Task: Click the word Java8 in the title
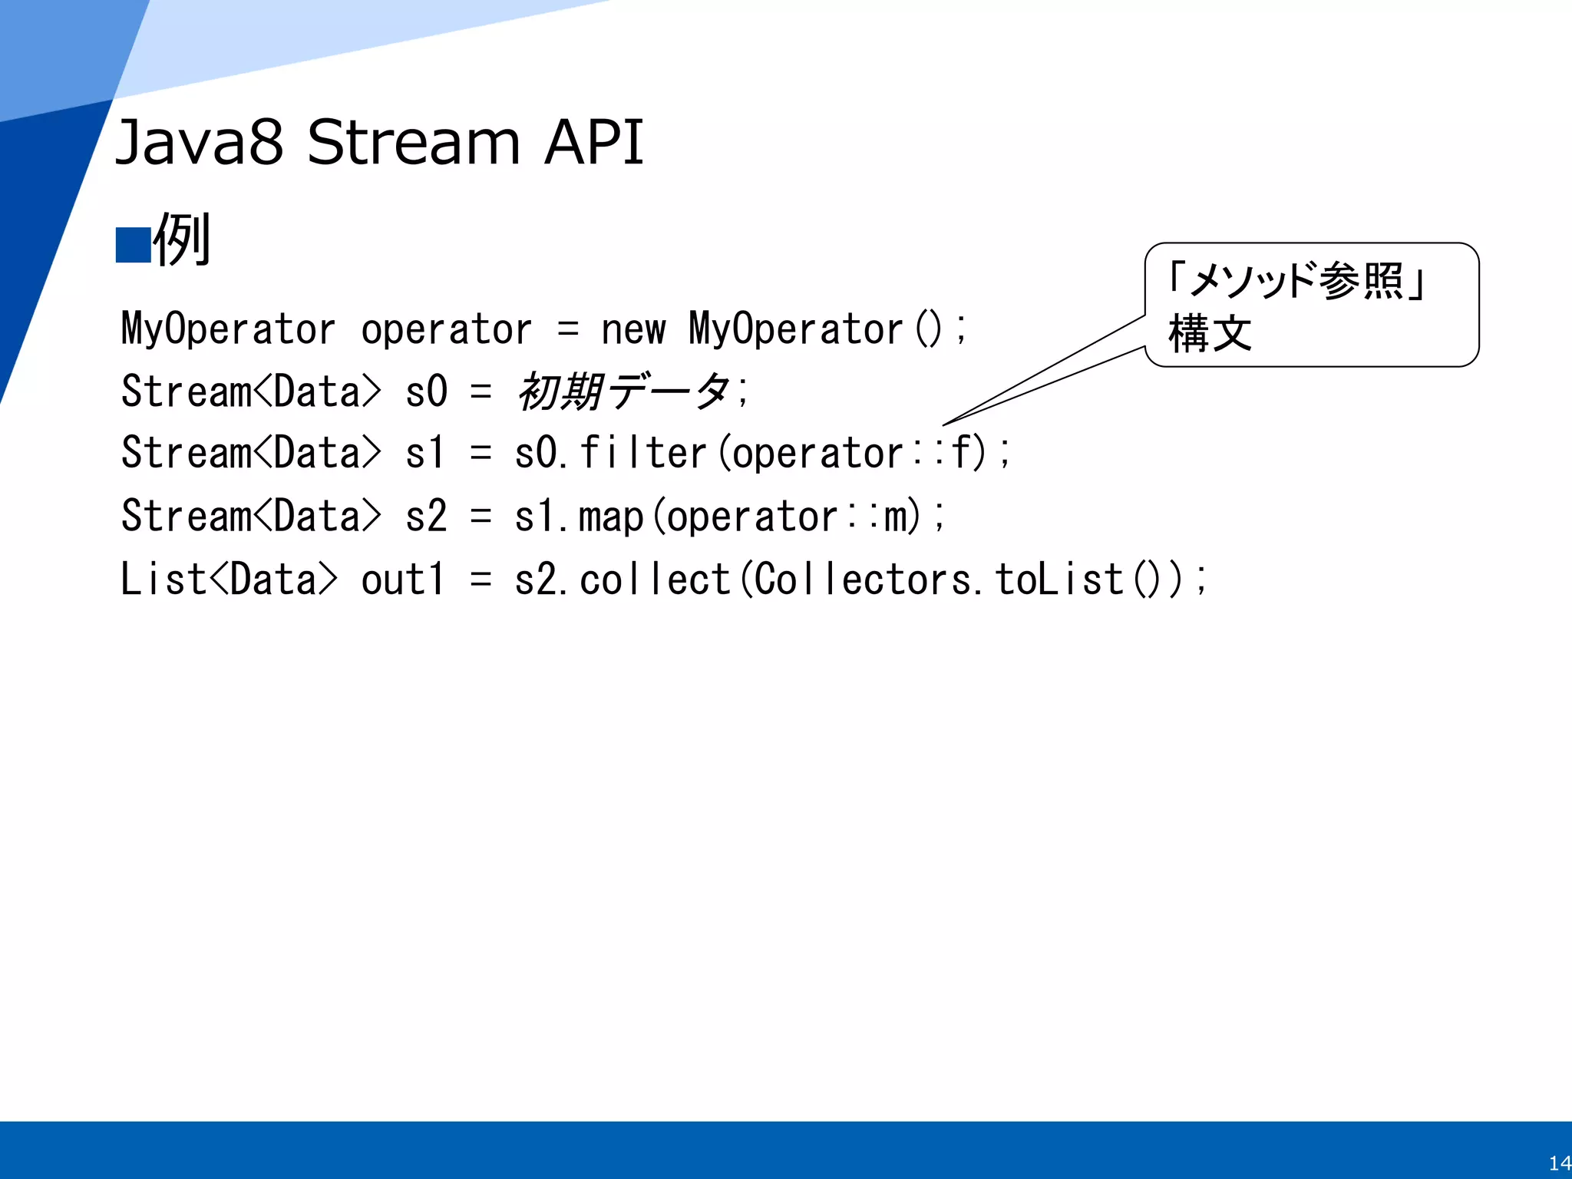tap(199, 143)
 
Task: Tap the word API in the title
tap(593, 143)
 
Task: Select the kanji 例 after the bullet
tap(182, 240)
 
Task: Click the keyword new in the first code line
tap(633, 330)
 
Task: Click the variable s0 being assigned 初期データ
tap(426, 392)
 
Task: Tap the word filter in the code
tap(642, 453)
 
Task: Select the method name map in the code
tap(610, 517)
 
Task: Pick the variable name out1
tap(402, 580)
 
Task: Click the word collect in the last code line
tap(655, 580)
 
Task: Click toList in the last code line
tap(1059, 580)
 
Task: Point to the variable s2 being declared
tap(426, 517)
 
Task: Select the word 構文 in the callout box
tap(1210, 334)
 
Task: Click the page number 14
tap(1558, 1163)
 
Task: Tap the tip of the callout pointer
tap(945, 424)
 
